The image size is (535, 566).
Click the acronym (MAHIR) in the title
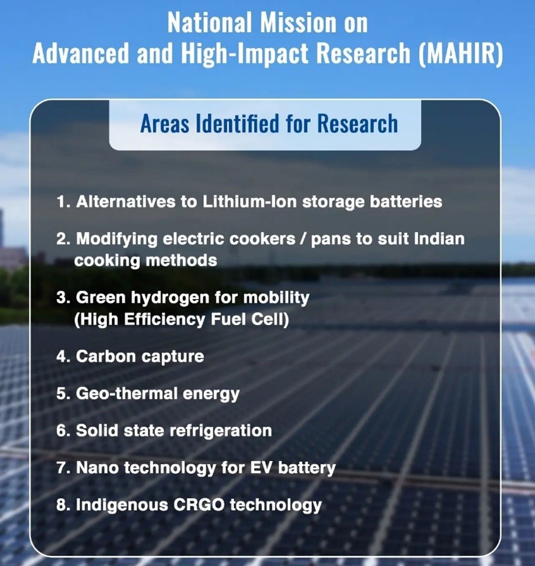(x=460, y=54)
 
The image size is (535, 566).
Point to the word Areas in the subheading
(x=165, y=123)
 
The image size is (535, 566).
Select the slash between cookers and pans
(x=303, y=239)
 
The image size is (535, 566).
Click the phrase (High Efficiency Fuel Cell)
(x=182, y=319)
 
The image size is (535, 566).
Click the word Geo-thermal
(x=127, y=393)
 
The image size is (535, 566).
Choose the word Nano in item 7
(x=98, y=468)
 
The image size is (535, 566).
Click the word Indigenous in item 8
(x=122, y=506)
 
